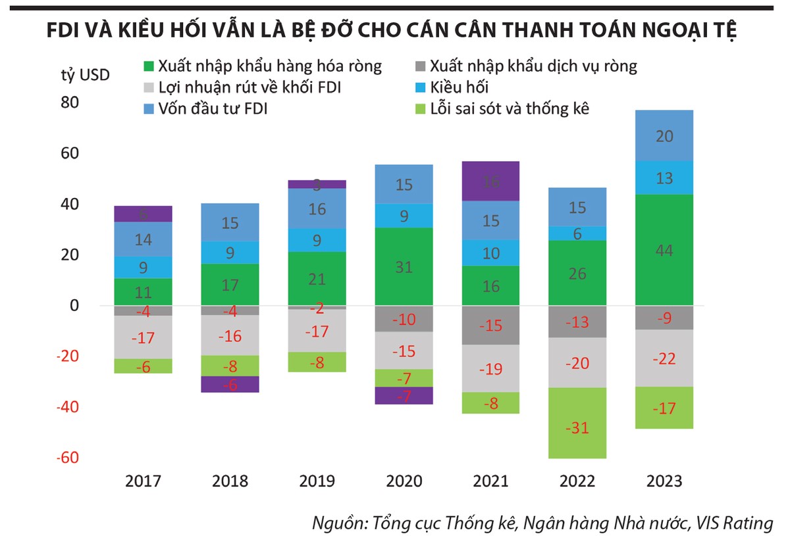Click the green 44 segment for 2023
coord(664,249)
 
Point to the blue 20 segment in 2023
coord(664,135)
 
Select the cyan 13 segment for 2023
coord(664,178)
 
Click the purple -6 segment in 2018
coord(230,384)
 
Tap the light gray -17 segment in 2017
coord(143,337)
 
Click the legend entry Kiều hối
coord(459,87)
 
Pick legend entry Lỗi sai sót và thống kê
coord(509,109)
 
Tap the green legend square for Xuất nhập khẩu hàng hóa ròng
coord(148,66)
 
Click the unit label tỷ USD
coord(80,74)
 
